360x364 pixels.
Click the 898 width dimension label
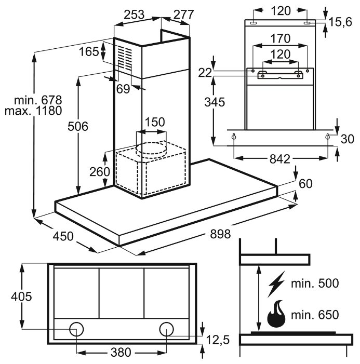pyautogui.click(x=220, y=234)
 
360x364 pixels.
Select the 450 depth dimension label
pyautogui.click(x=63, y=236)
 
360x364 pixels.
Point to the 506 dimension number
pyautogui.click(x=78, y=126)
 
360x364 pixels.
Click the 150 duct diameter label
pyautogui.click(x=154, y=123)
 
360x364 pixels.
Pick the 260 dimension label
pyautogui.click(x=100, y=172)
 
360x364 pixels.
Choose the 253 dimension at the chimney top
pyautogui.click(x=134, y=15)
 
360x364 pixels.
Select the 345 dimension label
pyautogui.click(x=214, y=102)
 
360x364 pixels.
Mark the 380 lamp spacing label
pyautogui.click(x=121, y=353)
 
